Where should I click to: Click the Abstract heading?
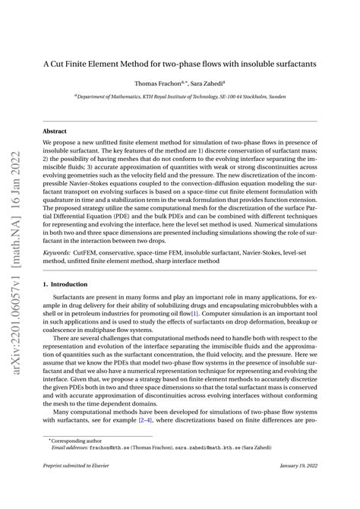[55, 131]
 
